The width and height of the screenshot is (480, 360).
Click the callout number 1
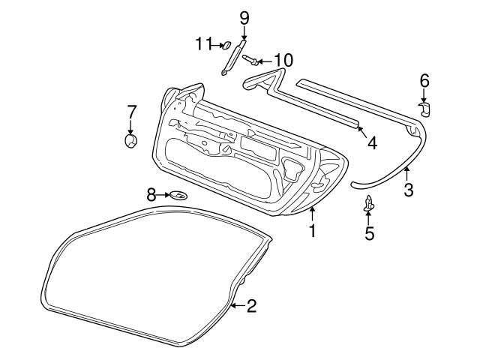pos(312,232)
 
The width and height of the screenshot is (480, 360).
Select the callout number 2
pos(251,305)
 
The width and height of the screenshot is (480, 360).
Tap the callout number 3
pos(408,190)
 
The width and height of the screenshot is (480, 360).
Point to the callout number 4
pos(371,142)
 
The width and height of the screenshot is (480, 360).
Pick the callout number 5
pos(369,233)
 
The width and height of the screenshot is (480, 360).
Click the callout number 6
pos(424,79)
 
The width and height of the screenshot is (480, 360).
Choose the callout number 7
pos(131,112)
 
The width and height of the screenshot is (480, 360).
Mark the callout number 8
pos(151,195)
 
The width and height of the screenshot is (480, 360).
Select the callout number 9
pos(244,17)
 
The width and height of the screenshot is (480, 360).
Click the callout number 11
pos(199,43)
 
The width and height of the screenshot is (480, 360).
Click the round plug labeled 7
pos(131,140)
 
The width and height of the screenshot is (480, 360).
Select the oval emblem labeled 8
pos(178,196)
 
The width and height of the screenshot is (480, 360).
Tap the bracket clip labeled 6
pos(425,109)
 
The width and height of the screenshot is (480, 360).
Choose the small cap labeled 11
pos(223,45)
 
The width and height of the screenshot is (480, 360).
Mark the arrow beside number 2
pos(237,305)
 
